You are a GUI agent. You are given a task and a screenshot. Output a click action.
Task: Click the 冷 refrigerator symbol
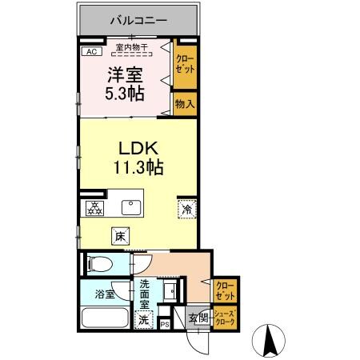[x=185, y=210]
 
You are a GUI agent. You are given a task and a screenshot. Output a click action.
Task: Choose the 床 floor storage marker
[x=120, y=236]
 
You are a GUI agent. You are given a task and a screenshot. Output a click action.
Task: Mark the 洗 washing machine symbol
[x=143, y=320]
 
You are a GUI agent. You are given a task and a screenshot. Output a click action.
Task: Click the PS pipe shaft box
[x=165, y=323]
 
